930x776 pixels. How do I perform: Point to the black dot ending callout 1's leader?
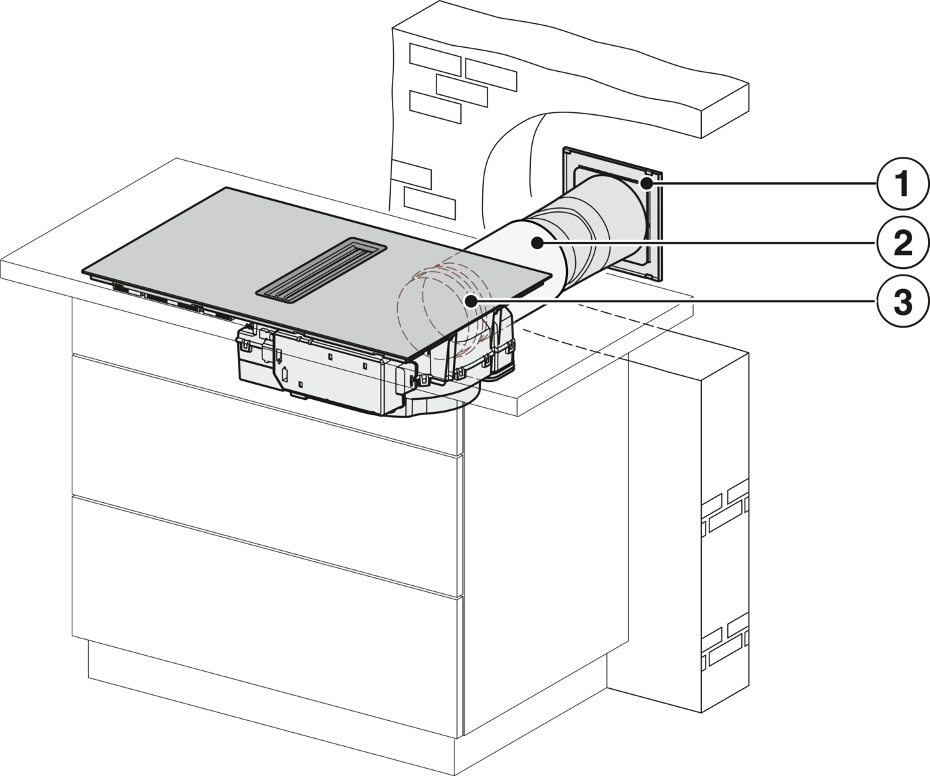pos(646,183)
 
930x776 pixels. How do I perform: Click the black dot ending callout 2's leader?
pos(539,243)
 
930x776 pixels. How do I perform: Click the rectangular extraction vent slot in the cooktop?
pos(321,272)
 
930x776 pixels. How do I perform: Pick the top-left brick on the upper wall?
pos(434,59)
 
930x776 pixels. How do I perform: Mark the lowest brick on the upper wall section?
pos(429,203)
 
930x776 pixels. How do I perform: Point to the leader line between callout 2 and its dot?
pos(707,243)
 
